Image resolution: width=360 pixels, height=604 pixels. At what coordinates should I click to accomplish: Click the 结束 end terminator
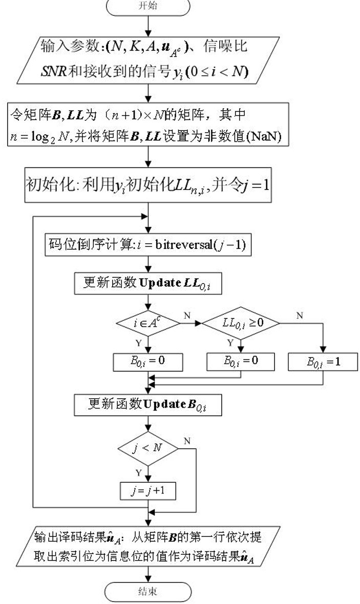148,592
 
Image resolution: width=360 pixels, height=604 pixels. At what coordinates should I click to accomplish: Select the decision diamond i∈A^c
148,323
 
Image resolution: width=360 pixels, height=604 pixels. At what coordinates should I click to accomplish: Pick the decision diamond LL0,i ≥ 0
241,323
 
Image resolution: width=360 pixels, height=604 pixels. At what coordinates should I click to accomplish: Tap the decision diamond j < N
148,448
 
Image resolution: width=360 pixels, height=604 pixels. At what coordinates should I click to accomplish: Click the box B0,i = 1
323,362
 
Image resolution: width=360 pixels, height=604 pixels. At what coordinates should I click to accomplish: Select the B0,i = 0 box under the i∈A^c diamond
148,362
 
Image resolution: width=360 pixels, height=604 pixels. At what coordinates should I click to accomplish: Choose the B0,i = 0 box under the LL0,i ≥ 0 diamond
241,362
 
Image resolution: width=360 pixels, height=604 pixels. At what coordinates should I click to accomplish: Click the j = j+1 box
148,491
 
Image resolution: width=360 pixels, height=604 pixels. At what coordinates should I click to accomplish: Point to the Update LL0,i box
148,284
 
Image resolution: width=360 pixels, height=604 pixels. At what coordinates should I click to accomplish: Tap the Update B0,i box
148,405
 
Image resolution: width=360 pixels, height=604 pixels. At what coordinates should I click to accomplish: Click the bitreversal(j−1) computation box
148,245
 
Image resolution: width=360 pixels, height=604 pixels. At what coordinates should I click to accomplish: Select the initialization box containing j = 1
148,185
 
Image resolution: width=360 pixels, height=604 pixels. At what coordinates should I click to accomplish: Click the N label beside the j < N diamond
187,441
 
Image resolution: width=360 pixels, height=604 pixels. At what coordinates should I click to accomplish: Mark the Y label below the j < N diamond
139,472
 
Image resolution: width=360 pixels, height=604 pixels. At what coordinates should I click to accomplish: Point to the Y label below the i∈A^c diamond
139,343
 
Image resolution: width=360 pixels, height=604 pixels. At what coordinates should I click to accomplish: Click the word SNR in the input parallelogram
54,71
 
